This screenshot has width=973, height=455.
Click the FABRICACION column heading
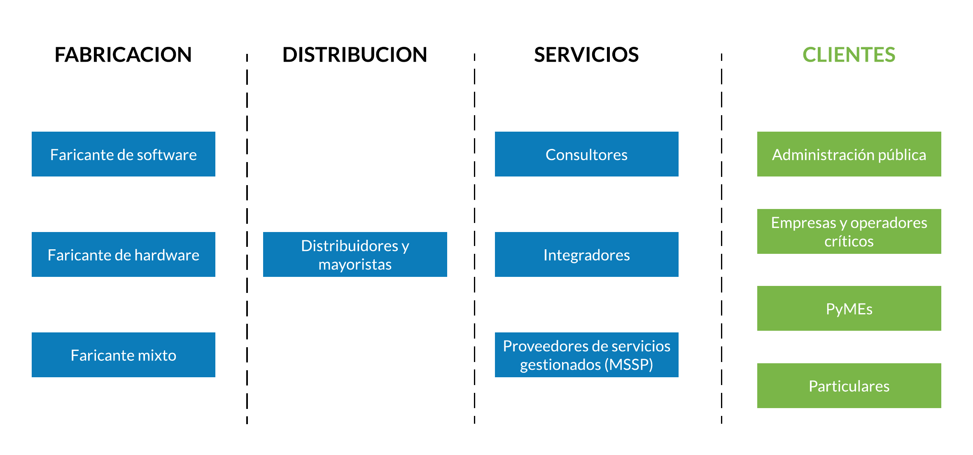click(123, 55)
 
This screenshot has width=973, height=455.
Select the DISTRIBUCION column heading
click(355, 55)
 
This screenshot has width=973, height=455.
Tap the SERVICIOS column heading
click(586, 55)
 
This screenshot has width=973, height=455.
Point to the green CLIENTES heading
click(849, 55)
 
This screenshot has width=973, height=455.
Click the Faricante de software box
click(124, 154)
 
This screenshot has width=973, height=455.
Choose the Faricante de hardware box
click(124, 254)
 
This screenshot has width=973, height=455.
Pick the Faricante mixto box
click(124, 355)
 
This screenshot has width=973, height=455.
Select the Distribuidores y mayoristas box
click(355, 254)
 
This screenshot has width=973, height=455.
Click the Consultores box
click(587, 154)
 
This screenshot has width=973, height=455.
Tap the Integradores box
click(587, 254)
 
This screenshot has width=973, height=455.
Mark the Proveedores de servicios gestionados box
click(587, 355)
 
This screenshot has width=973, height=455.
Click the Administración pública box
click(849, 154)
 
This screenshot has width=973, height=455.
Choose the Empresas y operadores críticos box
click(849, 231)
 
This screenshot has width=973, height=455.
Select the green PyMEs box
click(849, 308)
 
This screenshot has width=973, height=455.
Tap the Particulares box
click(849, 385)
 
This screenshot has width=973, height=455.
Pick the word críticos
click(849, 241)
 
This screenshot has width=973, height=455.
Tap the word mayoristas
click(355, 265)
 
